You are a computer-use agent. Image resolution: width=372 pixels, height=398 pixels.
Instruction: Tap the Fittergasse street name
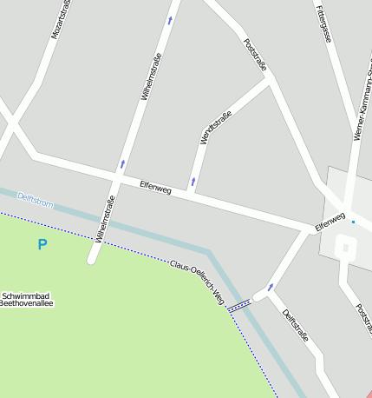(323, 23)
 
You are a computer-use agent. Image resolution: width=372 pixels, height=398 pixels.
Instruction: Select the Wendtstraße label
(216, 128)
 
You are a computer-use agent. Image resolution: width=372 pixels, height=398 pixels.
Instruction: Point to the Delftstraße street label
(296, 324)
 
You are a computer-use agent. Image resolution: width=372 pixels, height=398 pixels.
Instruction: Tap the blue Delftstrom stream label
(36, 202)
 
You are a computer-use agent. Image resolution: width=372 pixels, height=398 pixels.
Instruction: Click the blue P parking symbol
(42, 245)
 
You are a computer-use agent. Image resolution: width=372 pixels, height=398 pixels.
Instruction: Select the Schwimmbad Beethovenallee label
(28, 300)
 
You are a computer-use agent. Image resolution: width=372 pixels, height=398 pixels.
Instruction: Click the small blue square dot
(353, 222)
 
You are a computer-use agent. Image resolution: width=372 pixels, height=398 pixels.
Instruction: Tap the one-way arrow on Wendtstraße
(193, 182)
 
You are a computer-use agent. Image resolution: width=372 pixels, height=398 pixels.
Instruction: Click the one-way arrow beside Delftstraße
(271, 287)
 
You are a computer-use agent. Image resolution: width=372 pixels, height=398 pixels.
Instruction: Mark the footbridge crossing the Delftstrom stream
(239, 303)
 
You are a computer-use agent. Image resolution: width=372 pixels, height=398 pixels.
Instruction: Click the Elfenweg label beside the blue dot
(330, 221)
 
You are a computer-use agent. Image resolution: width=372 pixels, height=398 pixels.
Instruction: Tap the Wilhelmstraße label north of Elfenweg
(149, 74)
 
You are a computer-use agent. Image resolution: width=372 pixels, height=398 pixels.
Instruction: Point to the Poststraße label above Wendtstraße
(255, 54)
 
